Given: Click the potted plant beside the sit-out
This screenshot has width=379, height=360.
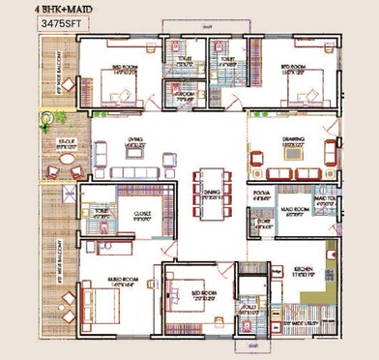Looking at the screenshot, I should (45, 121).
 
